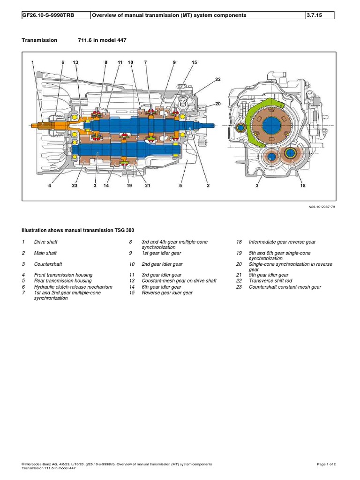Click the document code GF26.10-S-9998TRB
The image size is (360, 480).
coord(48,15)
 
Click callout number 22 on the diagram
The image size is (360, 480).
coord(217,80)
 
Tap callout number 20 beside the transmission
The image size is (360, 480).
coord(217,104)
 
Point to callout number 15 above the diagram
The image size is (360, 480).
coord(195,62)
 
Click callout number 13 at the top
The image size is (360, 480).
coord(75,62)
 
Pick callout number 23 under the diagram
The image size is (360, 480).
coord(75,186)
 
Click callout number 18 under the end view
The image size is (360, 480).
coord(303,186)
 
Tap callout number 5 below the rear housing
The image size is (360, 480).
coord(180,186)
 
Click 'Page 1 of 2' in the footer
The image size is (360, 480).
coord(326,464)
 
